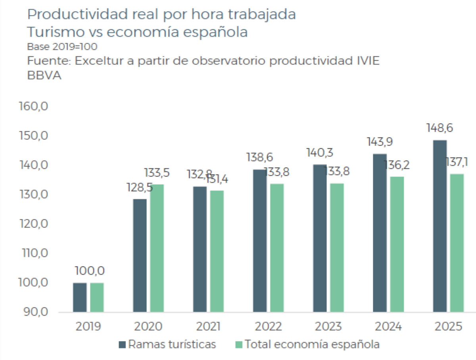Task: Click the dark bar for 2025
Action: pyautogui.click(x=440, y=226)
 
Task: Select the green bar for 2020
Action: pyautogui.click(x=157, y=248)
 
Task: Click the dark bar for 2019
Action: pyautogui.click(x=80, y=297)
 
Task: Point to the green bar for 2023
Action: pyautogui.click(x=336, y=248)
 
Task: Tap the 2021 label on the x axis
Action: pyautogui.click(x=209, y=327)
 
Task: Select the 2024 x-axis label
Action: pyautogui.click(x=388, y=327)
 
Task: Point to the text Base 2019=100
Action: pyautogui.click(x=62, y=46)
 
